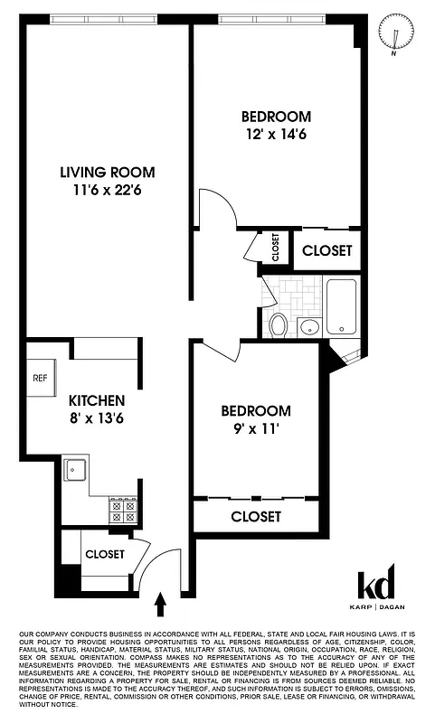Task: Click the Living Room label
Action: pos(108,172)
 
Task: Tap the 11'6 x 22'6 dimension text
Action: pos(108,191)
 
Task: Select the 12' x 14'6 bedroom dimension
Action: pos(276,135)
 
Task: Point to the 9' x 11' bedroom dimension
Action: pos(256,428)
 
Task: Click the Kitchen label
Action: pos(97,399)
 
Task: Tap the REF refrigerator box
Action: pos(40,378)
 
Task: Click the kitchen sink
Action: pos(75,469)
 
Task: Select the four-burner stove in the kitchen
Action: pos(123,512)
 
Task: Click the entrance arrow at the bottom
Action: pos(162,604)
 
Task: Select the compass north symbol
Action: pos(392,33)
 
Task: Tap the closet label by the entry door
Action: pos(106,554)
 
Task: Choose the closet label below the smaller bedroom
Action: pos(256,517)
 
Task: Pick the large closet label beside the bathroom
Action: pos(326,250)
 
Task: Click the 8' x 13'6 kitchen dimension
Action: pos(97,418)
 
